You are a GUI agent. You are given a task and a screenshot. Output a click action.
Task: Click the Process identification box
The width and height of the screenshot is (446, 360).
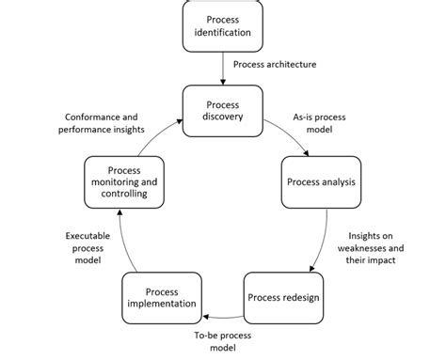click(222, 26)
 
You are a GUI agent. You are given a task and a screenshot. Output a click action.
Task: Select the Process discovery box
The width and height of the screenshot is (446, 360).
click(222, 110)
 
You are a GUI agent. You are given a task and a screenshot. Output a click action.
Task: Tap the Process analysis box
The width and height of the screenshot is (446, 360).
click(322, 181)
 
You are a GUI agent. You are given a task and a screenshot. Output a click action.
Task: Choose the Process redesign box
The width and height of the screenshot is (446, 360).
click(283, 297)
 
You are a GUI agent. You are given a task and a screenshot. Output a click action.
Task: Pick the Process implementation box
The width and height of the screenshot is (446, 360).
click(163, 297)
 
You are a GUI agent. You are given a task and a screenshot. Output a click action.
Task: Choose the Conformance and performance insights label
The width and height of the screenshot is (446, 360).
click(104, 122)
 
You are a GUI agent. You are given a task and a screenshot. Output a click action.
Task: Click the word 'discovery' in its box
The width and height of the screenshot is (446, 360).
click(222, 117)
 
